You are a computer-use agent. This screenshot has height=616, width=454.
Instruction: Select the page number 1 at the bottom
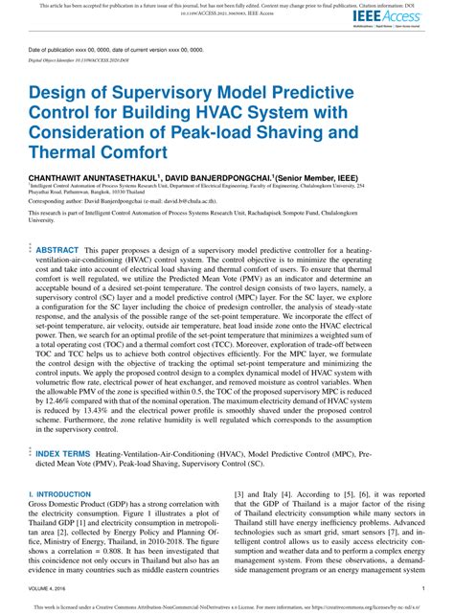tap(422, 587)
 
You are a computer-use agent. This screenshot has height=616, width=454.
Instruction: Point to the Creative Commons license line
tap(227, 607)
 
